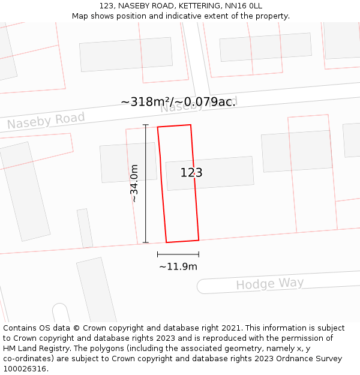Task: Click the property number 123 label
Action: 191,173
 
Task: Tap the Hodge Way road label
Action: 269,284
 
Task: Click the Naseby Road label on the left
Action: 46,121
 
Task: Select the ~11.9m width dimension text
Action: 178,266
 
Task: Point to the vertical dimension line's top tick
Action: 146,125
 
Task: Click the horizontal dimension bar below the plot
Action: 178,254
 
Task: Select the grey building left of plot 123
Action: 128,163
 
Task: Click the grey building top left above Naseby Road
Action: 126,55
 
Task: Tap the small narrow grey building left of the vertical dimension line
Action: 85,228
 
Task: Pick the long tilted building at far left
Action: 25,191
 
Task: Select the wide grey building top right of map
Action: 265,47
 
